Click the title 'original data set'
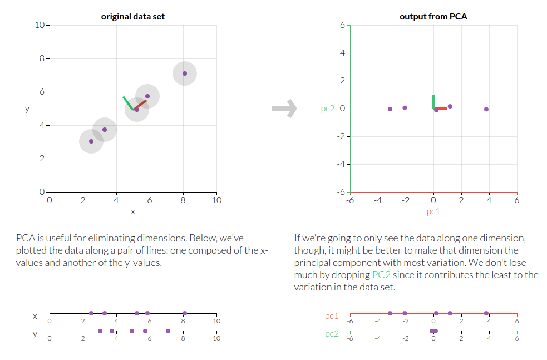click(132, 17)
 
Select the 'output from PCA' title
click(433, 17)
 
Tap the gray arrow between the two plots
click(284, 109)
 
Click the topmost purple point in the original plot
click(185, 73)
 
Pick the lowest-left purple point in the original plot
click(91, 141)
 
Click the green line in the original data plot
click(128, 103)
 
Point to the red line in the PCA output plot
click(441, 109)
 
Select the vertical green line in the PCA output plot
click(433, 101)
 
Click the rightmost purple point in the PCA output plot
click(486, 109)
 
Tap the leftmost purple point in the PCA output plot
click(390, 109)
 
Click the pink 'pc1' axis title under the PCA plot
click(433, 211)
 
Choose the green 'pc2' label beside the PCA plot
click(328, 109)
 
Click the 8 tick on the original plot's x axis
click(183, 200)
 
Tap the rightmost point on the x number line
click(185, 313)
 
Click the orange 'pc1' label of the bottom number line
click(332, 316)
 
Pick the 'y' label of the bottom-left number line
click(35, 334)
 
